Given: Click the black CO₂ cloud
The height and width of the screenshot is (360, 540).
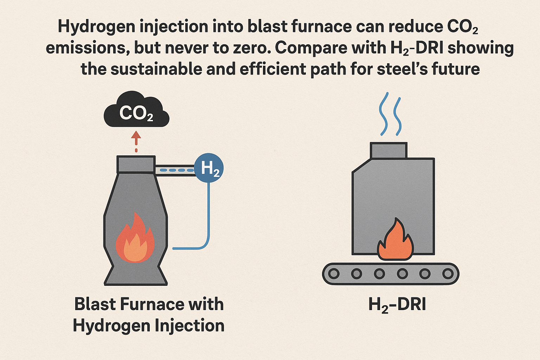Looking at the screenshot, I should [x=136, y=111].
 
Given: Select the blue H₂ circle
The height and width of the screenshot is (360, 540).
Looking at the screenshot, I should [x=209, y=168].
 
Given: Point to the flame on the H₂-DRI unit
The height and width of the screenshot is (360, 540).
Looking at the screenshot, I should [x=395, y=242].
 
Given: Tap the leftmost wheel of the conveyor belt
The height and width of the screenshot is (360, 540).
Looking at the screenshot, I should [x=334, y=273].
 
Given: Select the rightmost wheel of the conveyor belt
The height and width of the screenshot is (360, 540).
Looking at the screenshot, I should [x=448, y=273].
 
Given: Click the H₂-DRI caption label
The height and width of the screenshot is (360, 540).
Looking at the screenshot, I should [x=397, y=304].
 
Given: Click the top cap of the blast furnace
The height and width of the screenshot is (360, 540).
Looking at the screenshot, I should [x=136, y=164].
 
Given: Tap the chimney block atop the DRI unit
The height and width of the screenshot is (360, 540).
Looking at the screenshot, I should [x=388, y=150].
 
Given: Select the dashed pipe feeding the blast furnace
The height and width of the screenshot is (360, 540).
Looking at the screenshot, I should [x=175, y=170].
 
